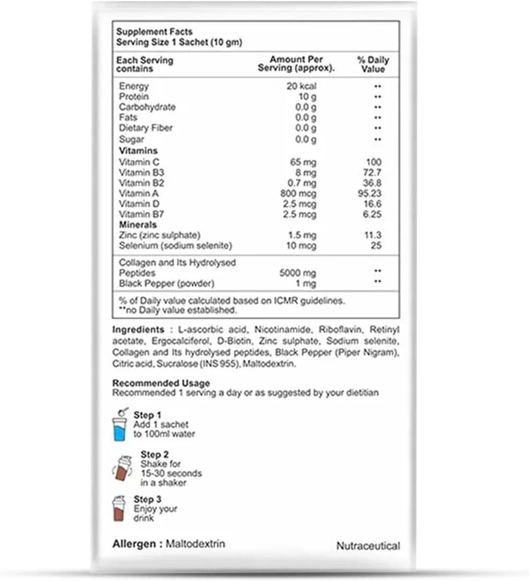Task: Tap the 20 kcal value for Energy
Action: [x=301, y=86]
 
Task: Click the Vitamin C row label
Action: [x=139, y=162]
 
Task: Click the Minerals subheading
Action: [x=138, y=224]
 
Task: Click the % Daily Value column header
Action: [x=373, y=64]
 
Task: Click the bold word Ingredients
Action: [x=138, y=330]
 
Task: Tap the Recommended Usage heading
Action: [x=161, y=383]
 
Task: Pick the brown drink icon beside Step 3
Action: [x=119, y=509]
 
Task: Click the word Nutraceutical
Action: [x=368, y=546]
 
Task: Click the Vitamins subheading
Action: [x=138, y=150]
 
